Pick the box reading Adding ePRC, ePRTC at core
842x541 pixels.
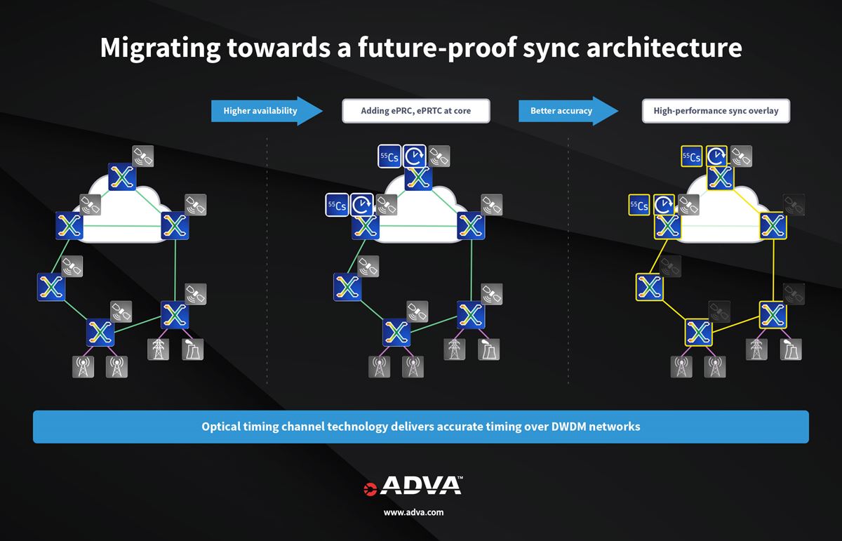(x=415, y=111)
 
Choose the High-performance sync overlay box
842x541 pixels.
(x=716, y=111)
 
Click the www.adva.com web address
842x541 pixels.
(x=413, y=512)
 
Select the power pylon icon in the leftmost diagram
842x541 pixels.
(x=158, y=349)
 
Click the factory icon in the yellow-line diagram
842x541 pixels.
(x=791, y=349)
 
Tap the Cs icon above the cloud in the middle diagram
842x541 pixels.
(x=389, y=157)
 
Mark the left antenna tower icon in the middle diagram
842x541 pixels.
(x=380, y=366)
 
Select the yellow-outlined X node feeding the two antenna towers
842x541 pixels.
(x=698, y=332)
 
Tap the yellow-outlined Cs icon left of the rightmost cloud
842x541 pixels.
(x=639, y=206)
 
